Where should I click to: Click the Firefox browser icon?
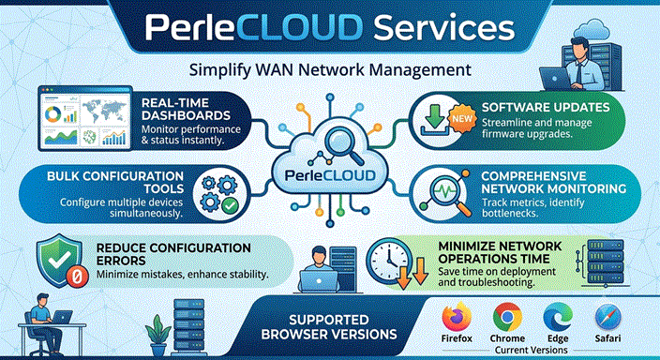[x=457, y=317]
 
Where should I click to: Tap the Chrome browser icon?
[x=507, y=317]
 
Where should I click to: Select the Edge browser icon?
[x=558, y=317]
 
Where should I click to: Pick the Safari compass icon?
[x=607, y=318]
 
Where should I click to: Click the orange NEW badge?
[x=462, y=119]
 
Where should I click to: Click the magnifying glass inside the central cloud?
[x=343, y=145]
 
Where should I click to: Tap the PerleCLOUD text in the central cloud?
[x=330, y=175]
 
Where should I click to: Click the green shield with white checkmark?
[x=59, y=260]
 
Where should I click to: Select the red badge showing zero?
[x=77, y=277]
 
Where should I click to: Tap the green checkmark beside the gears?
[x=230, y=206]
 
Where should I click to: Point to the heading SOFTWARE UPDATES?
[x=546, y=108]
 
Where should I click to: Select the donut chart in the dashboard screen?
[x=53, y=114]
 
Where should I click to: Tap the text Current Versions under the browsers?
[x=532, y=350]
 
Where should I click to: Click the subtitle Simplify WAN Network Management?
[x=330, y=70]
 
